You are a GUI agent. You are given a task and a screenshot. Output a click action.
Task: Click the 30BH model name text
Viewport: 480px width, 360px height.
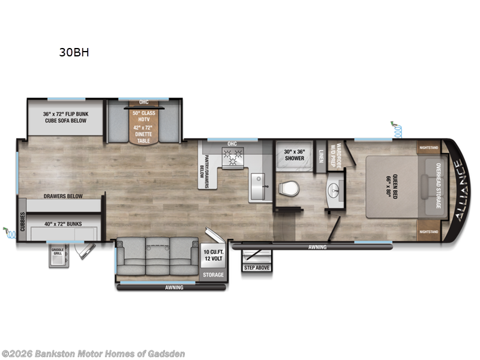(74, 52)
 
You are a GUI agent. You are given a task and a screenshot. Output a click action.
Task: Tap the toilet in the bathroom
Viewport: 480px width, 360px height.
(289, 189)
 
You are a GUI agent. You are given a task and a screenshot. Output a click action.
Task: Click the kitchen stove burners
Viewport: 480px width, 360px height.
(232, 157)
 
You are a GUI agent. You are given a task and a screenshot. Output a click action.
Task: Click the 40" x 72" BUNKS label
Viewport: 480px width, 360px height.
(63, 224)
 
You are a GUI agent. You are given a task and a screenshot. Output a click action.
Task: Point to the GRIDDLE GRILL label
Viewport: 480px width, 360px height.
(58, 252)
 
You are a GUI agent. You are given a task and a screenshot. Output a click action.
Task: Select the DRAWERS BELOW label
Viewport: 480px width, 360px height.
(62, 196)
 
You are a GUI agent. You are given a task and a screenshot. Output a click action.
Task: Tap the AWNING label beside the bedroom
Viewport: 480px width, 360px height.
(317, 247)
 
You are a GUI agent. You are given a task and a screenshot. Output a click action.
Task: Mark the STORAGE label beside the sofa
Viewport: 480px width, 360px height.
(214, 275)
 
